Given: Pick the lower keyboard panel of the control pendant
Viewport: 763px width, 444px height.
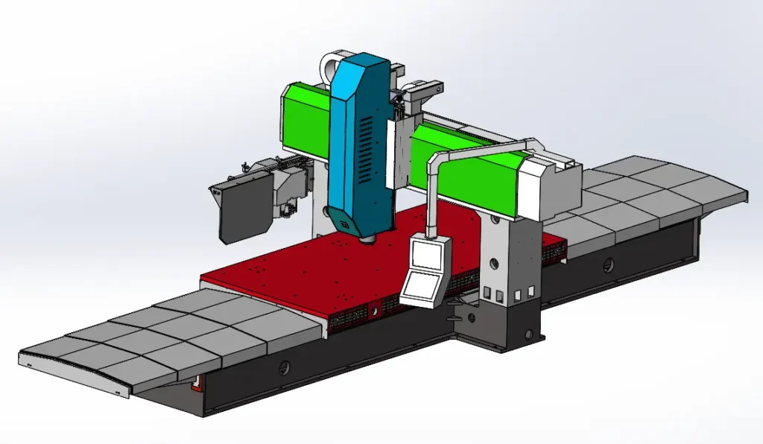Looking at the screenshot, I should [x=420, y=286].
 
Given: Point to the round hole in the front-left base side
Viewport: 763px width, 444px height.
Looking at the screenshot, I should [x=284, y=367].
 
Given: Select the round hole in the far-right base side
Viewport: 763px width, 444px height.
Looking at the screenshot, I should [x=609, y=264].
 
